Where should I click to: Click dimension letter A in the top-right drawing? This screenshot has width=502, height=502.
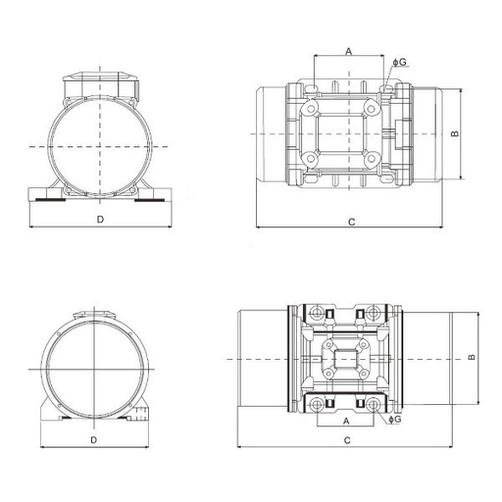pyautogui.click(x=349, y=51)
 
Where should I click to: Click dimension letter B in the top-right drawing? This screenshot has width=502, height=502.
pyautogui.click(x=455, y=133)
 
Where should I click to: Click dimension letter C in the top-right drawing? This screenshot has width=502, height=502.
pyautogui.click(x=352, y=223)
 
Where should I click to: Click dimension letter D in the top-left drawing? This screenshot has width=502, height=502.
pyautogui.click(x=100, y=220)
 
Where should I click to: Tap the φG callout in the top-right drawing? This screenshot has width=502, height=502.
pyautogui.click(x=400, y=62)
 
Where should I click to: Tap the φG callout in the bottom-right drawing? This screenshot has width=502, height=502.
pyautogui.click(x=395, y=420)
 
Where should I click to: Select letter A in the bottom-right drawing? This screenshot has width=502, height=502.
pyautogui.click(x=346, y=422)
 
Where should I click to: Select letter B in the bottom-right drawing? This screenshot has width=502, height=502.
pyautogui.click(x=472, y=357)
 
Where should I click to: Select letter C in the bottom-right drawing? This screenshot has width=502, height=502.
pyautogui.click(x=347, y=440)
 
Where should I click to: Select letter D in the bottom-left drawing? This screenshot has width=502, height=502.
pyautogui.click(x=94, y=440)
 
